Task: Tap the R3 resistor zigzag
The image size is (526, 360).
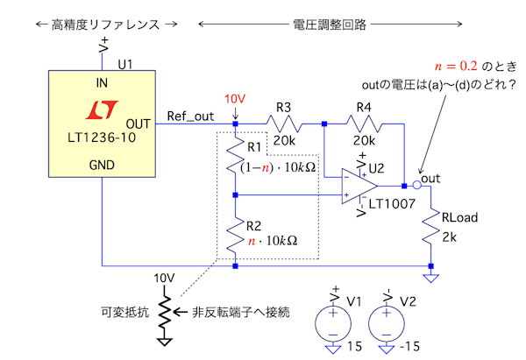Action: pyautogui.click(x=284, y=124)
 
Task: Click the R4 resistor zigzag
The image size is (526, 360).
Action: pyautogui.click(x=363, y=124)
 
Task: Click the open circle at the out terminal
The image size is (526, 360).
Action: pyautogui.click(x=416, y=186)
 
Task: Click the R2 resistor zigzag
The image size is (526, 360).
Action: pyautogui.click(x=236, y=234)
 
